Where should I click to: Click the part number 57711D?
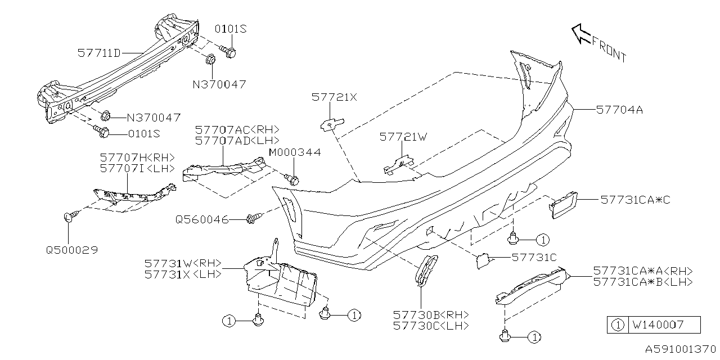(98, 53)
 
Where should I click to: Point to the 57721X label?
(334, 97)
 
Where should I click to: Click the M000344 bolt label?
(295, 152)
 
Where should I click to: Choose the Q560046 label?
(201, 219)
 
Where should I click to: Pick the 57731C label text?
(534, 257)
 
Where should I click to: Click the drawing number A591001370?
(680, 349)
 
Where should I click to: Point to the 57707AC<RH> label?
(237, 129)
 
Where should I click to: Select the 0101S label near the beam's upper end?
(231, 29)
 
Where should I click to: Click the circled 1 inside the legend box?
(618, 325)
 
